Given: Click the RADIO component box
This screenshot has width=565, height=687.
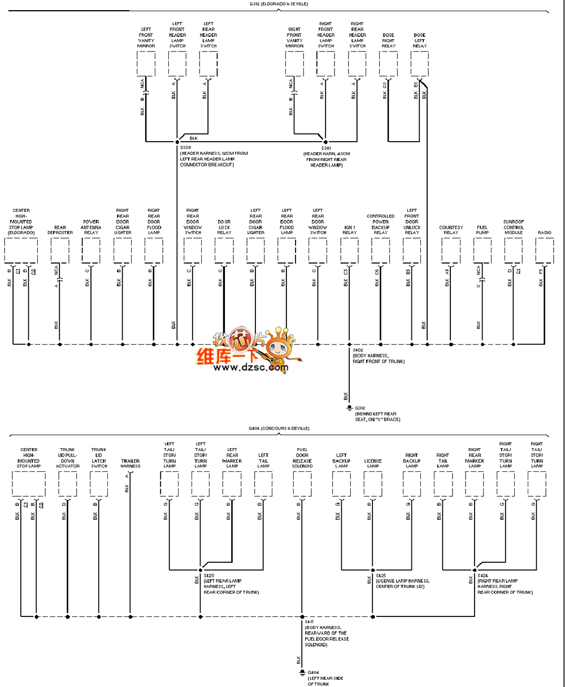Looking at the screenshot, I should point(545,250).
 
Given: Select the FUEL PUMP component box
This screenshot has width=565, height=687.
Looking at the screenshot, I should point(482,250).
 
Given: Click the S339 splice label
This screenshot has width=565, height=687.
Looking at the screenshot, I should point(185,147).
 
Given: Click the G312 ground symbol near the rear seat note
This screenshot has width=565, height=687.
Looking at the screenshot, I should point(349,408).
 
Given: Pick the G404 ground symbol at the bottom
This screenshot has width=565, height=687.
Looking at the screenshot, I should point(302,672).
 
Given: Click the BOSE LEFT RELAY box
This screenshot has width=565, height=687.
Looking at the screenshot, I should point(419,64).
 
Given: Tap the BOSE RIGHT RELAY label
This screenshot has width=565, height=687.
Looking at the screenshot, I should point(388,41).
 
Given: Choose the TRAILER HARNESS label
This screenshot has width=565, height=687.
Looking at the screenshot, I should point(131,463).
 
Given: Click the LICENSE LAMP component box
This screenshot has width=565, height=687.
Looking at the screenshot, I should point(372,484).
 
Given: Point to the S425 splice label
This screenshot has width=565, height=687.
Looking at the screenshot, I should point(381,575).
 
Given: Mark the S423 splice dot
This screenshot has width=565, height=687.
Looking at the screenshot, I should point(201,570).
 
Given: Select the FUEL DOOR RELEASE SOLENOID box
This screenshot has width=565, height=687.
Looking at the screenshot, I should point(302,484).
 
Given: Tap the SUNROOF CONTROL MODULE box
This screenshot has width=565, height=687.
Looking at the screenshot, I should point(514,250).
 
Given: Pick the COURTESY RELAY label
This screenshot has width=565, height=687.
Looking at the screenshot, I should point(451,230).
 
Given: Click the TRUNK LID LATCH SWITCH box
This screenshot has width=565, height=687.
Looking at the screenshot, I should point(99,484).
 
